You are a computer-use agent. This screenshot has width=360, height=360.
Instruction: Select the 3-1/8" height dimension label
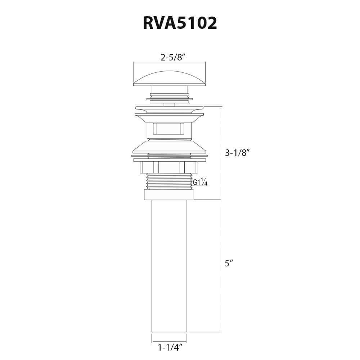[x=237, y=153]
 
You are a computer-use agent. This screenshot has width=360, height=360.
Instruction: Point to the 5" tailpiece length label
[x=229, y=263]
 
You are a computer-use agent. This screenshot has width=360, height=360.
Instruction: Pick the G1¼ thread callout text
[x=200, y=183]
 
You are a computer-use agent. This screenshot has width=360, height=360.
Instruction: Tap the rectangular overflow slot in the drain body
[x=168, y=129]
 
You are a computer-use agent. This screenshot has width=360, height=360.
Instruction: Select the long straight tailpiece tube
[x=169, y=266]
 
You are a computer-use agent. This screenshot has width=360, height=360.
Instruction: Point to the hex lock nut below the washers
[x=169, y=167]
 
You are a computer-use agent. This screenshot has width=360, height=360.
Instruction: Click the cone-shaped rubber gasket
[x=169, y=146]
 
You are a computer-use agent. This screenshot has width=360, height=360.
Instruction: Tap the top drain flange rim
[x=169, y=108]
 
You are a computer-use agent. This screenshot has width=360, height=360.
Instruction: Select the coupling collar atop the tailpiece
[x=168, y=194]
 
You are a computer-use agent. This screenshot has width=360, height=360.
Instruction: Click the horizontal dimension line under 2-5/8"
[x=169, y=63]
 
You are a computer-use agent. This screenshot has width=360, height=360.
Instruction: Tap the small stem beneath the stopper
[x=169, y=105]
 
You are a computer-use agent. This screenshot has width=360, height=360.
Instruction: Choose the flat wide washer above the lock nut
[x=169, y=156]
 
